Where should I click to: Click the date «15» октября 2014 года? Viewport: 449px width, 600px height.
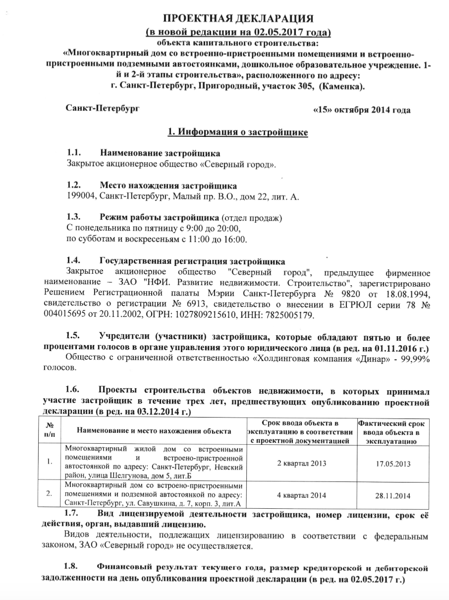(x=362, y=110)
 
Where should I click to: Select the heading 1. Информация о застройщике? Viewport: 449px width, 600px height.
(x=238, y=132)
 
